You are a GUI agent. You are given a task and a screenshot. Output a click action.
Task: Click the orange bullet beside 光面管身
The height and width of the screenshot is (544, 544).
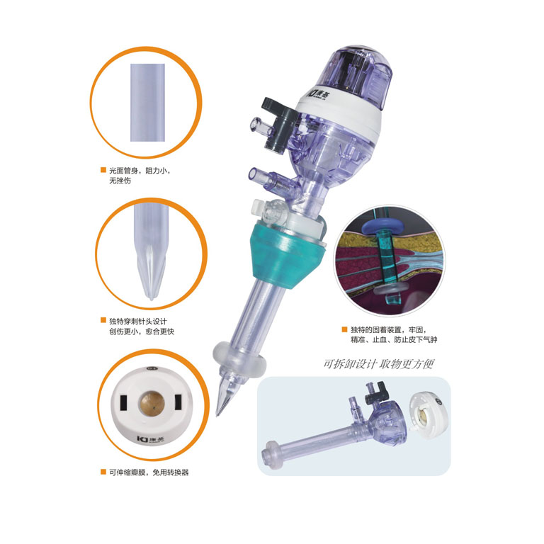pos(103,170)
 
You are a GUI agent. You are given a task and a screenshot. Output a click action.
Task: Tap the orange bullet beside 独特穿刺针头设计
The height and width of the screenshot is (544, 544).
pos(103,320)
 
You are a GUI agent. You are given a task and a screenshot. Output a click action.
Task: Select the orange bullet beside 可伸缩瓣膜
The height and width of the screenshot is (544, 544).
pos(103,472)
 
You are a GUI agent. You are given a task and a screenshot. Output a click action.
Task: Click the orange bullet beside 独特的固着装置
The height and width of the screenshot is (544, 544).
pos(344,329)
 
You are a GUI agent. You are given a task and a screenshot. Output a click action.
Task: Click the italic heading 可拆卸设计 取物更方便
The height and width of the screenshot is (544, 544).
pos(378,364)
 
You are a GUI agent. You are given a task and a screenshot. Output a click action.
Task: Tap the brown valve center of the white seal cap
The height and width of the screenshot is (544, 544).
pos(152,404)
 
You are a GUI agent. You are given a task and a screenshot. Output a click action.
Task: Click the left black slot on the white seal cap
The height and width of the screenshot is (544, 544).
pos(123,402)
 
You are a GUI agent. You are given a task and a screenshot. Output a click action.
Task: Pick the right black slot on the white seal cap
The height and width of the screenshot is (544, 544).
pos(178,402)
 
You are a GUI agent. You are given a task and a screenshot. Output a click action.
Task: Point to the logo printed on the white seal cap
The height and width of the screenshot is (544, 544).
pos(151,439)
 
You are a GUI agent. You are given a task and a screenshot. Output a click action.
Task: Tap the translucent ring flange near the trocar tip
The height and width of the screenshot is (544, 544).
pos(239,360)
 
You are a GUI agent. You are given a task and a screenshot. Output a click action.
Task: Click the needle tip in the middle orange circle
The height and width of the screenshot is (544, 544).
pos(152,297)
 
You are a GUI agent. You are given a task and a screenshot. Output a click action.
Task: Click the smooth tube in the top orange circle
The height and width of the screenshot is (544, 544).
pos(147,102)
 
